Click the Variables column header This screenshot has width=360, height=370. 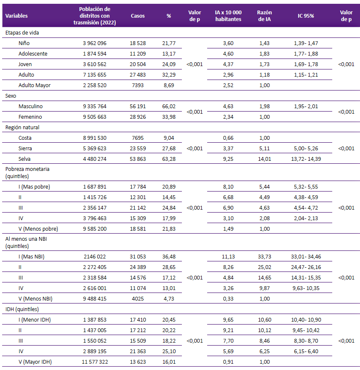(x=16, y=16)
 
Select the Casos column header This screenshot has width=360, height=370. (x=138, y=16)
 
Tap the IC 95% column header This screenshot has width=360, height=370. (x=306, y=16)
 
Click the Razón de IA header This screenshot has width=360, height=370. (x=264, y=16)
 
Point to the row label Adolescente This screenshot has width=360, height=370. (x=33, y=53)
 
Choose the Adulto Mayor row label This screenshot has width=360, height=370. (x=35, y=85)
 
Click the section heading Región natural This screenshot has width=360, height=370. (x=22, y=128)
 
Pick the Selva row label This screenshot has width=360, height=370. (x=24, y=159)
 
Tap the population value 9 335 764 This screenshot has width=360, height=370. (x=95, y=106)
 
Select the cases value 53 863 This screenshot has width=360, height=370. (x=138, y=159)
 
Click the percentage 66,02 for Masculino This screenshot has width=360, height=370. (x=169, y=106)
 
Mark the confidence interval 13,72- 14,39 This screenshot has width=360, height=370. (x=306, y=159)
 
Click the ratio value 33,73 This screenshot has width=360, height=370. (x=264, y=256)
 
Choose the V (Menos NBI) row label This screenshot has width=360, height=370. (x=35, y=298)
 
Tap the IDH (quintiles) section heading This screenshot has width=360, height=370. (x=22, y=309)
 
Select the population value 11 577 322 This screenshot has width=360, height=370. (x=95, y=362)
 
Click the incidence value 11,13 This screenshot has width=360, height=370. (x=228, y=256)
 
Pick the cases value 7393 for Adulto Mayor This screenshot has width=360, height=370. (x=138, y=85)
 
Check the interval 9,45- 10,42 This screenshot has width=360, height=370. (x=306, y=330)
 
